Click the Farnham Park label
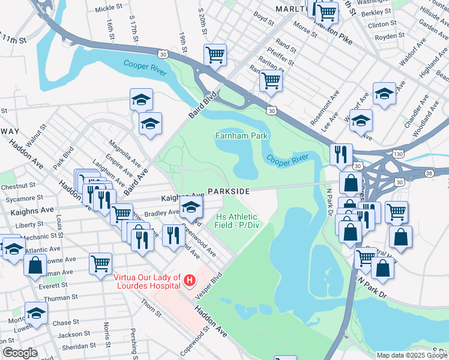(241, 136)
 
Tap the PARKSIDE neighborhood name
(229, 191)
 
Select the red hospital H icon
(190, 280)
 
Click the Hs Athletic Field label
(236, 221)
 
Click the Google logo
(20, 353)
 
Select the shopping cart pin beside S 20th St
(215, 55)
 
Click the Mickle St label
(108, 8)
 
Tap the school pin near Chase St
(36, 314)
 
